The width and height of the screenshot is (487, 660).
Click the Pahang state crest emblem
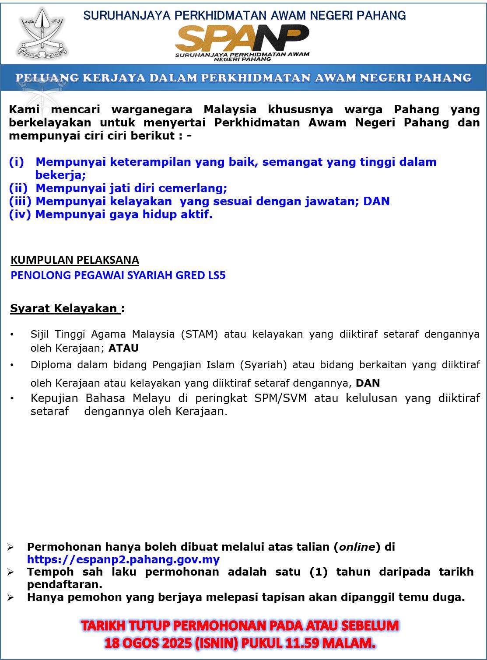[43, 34]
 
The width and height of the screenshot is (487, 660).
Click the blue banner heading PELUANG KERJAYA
[243, 78]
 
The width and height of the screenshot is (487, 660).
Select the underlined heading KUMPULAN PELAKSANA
[75, 260]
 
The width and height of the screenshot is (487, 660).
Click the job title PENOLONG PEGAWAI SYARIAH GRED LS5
[118, 275]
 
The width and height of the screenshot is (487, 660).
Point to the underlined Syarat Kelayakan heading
[65, 308]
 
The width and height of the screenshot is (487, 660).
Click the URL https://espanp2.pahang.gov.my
[123, 559]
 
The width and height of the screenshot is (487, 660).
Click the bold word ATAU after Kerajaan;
[123, 348]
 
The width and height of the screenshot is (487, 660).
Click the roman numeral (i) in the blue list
[17, 162]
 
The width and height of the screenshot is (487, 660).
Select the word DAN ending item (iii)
[376, 201]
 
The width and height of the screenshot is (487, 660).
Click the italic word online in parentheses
[357, 547]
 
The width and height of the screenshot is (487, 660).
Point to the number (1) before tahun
[318, 572]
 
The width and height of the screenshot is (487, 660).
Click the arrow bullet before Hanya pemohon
[11, 597]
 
